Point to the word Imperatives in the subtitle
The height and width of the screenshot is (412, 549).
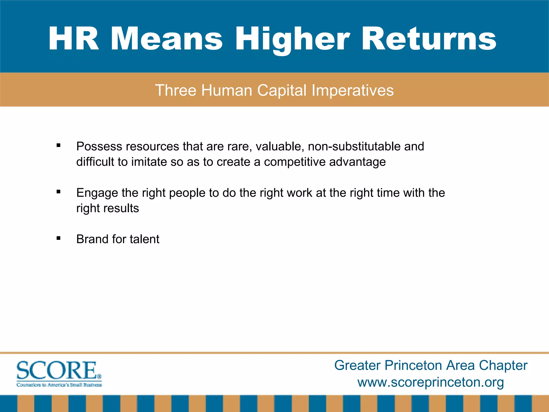[353, 90]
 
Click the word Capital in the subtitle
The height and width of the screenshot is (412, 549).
[282, 90]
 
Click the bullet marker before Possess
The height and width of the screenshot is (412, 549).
[58, 146]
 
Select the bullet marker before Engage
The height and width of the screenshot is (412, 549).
[58, 192]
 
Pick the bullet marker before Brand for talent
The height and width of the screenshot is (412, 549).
[58, 238]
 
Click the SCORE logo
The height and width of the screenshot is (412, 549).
[59, 374]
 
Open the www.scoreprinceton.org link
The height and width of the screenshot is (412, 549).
[431, 382]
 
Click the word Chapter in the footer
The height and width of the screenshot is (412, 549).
[503, 365]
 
